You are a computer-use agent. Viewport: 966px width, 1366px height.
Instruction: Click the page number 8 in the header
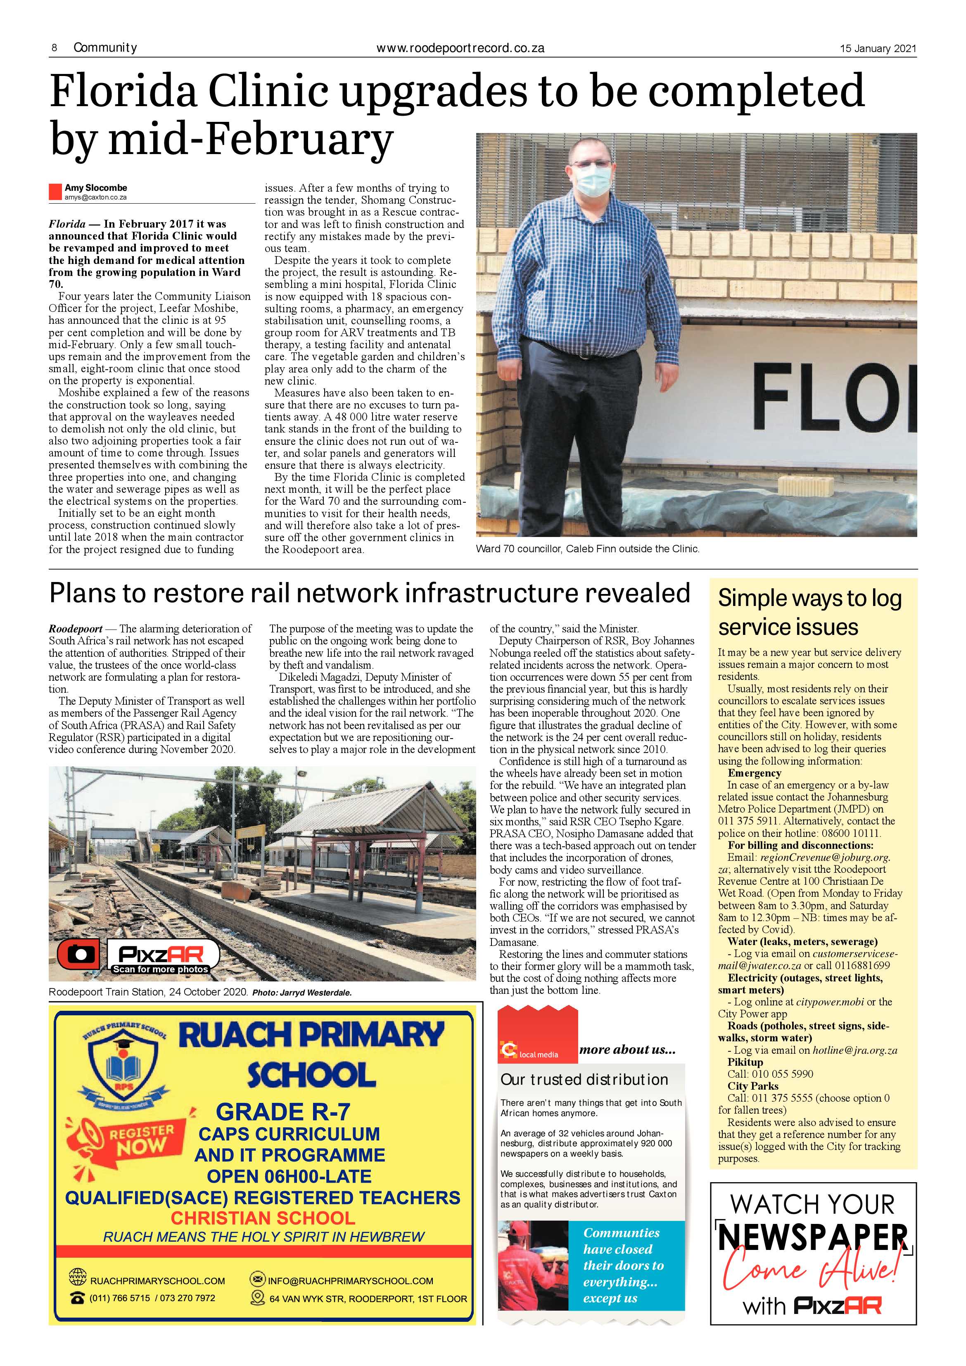click(54, 48)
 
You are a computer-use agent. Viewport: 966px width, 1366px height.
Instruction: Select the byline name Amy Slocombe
click(96, 188)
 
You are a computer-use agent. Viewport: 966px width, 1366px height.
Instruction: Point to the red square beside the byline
click(55, 192)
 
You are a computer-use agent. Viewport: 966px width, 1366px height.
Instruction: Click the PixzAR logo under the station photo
click(162, 955)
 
